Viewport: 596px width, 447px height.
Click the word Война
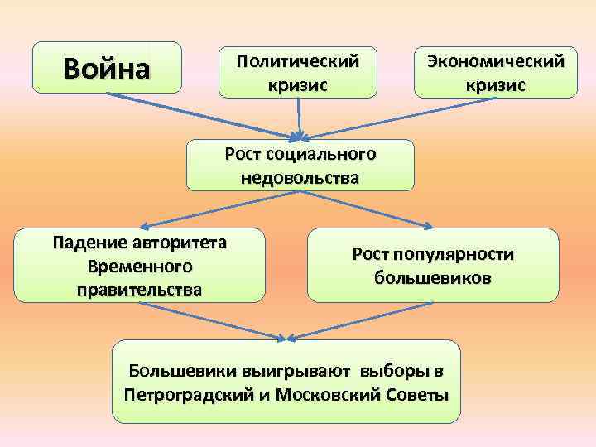point(107,67)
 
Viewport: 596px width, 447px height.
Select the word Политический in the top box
point(298,60)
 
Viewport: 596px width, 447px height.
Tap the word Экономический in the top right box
point(495,60)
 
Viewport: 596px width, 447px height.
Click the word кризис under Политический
point(298,85)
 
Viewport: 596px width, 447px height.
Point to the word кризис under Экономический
point(495,85)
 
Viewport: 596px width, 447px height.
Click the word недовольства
point(300,177)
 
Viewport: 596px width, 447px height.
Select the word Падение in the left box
point(85,243)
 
